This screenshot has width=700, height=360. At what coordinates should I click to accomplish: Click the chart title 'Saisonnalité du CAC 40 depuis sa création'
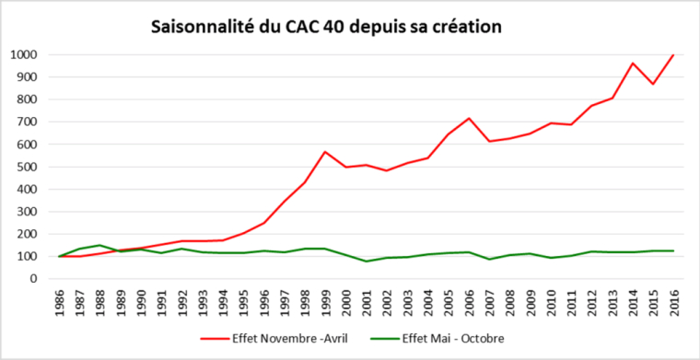326,27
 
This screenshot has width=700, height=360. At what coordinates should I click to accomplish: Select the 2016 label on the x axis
672,300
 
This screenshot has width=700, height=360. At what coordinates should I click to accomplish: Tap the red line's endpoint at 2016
672,55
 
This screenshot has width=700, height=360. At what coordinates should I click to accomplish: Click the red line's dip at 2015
653,85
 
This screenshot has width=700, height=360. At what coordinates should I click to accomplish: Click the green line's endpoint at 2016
672,250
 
